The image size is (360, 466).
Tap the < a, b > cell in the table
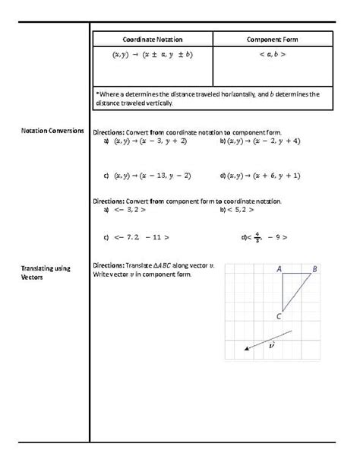(272, 55)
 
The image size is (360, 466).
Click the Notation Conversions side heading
(52, 131)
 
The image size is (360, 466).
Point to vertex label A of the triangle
(279, 268)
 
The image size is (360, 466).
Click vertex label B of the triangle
(315, 268)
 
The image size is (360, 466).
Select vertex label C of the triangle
(279, 317)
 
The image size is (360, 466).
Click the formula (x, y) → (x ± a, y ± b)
(153, 55)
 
